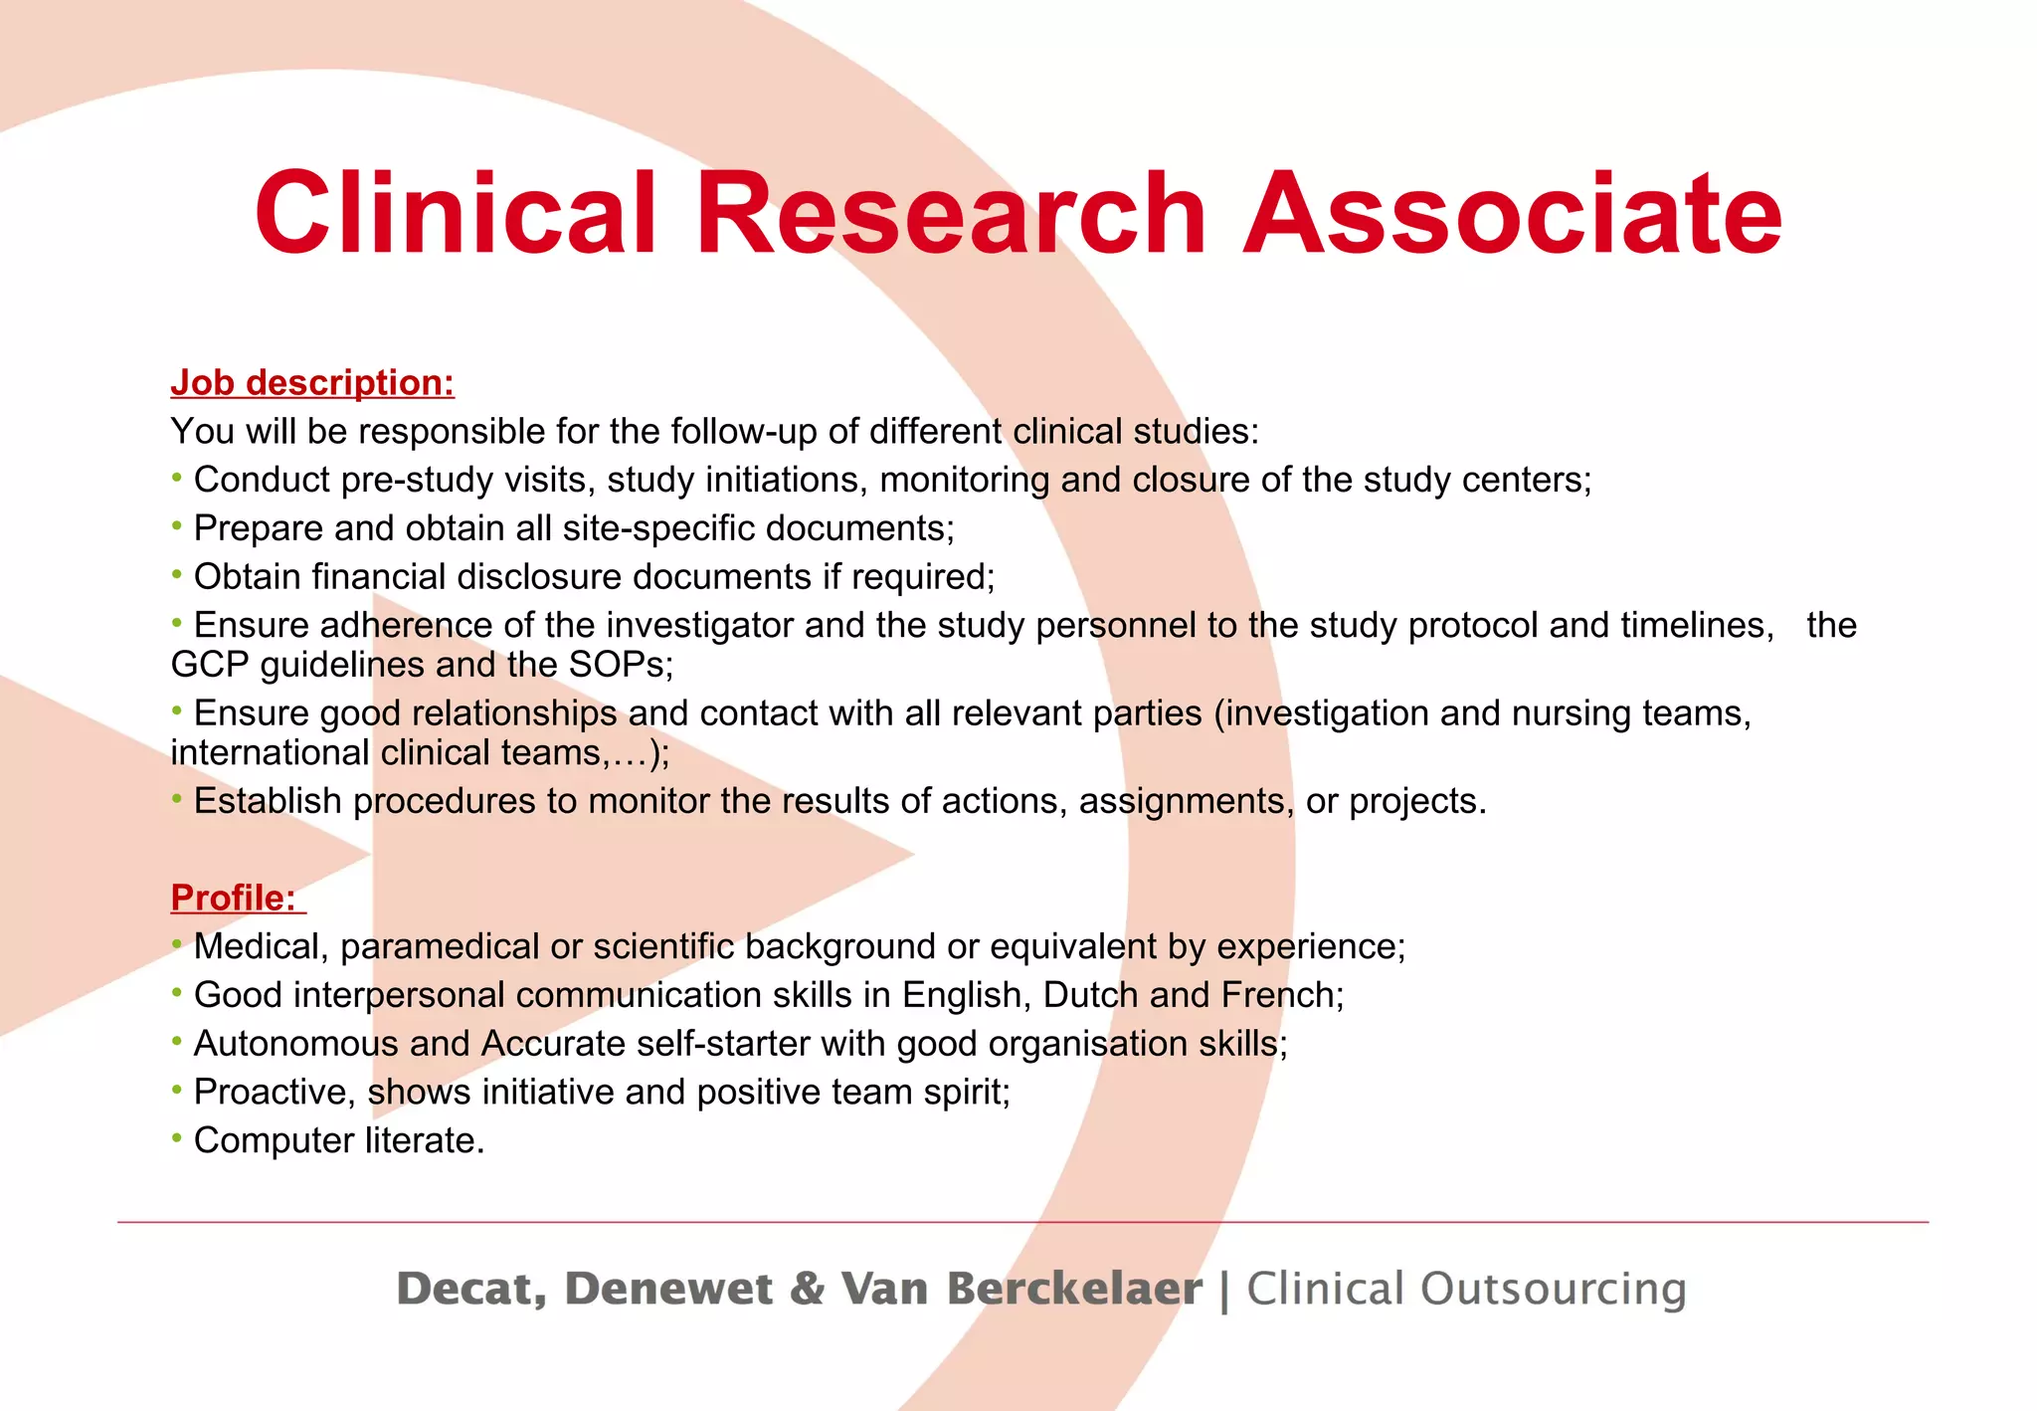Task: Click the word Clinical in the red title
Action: [456, 213]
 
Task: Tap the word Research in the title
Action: [950, 213]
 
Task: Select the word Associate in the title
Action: [1512, 213]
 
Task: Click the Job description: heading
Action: [312, 382]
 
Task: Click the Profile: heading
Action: [234, 898]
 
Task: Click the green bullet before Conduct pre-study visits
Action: [177, 478]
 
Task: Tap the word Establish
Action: [268, 801]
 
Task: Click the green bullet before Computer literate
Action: [177, 1137]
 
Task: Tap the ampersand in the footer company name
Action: [808, 1289]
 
